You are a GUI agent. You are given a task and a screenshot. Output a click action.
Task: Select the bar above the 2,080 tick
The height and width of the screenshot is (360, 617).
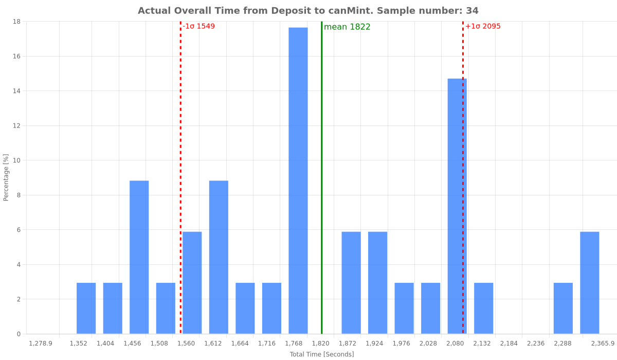[457, 206]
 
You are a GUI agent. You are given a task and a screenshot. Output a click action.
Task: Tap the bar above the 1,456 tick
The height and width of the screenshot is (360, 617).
[139, 257]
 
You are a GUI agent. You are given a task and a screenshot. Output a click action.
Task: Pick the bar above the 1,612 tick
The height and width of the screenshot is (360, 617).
[219, 257]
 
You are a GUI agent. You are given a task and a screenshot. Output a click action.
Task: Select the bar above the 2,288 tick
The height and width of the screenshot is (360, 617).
[563, 309]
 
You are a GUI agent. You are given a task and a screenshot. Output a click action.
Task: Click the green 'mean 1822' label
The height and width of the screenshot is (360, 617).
[347, 27]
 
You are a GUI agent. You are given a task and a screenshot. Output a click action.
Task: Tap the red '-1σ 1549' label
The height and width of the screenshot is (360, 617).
[198, 26]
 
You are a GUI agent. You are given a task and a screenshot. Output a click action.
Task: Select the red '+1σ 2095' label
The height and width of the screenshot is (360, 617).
[482, 26]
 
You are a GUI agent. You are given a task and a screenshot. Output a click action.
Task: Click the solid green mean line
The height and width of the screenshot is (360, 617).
[322, 154]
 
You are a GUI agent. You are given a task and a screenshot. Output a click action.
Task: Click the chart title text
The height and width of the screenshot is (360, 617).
[308, 11]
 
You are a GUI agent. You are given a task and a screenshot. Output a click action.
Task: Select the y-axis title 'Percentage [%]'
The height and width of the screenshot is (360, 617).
[6, 177]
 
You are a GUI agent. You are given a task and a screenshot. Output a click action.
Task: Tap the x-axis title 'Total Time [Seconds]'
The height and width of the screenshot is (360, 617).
[322, 354]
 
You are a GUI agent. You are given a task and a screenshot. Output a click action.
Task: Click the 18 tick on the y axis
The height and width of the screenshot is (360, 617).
[17, 22]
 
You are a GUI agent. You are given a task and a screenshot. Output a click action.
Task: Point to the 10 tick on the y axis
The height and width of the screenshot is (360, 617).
[17, 160]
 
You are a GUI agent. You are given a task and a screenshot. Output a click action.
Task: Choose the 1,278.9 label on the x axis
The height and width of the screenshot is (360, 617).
[41, 344]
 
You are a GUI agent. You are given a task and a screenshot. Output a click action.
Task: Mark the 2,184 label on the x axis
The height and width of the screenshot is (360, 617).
[509, 344]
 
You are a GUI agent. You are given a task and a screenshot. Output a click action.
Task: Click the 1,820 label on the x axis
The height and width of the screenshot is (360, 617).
[321, 344]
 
